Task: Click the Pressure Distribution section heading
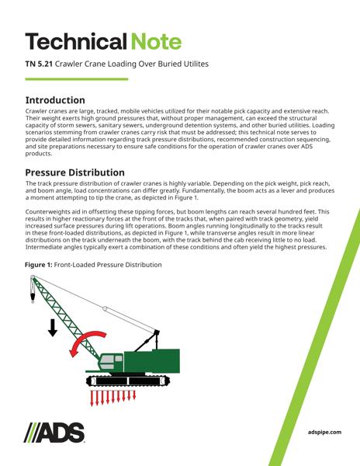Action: tap(74, 172)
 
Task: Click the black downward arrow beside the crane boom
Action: tap(53, 326)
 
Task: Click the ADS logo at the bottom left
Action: tap(54, 432)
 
